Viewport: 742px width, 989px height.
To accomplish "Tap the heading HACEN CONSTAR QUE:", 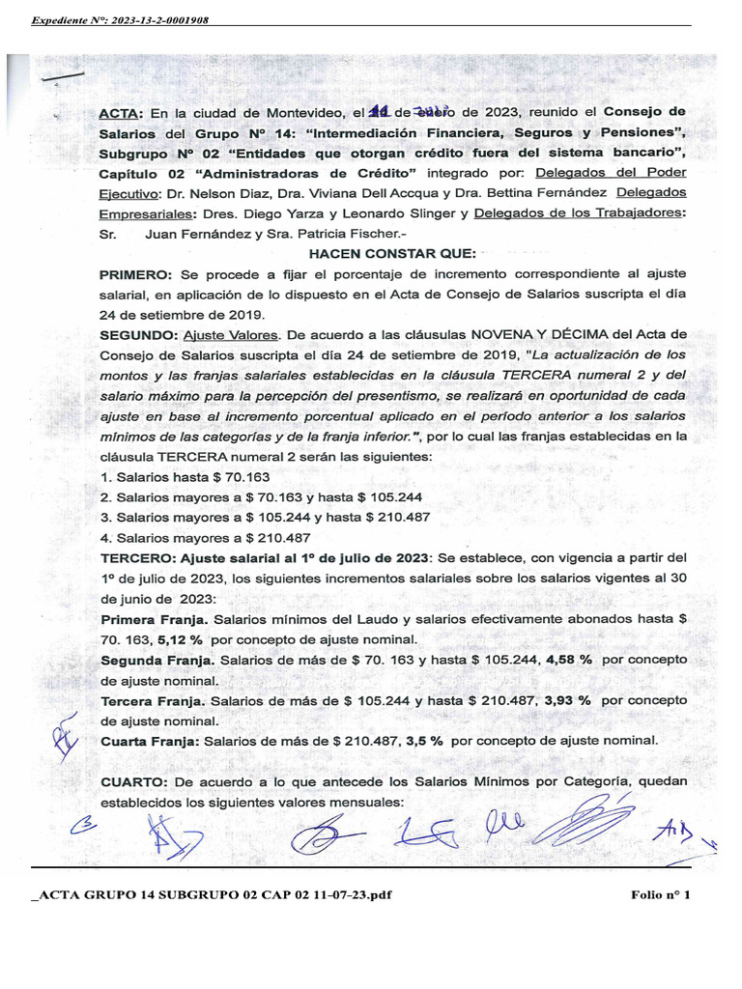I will [391, 253].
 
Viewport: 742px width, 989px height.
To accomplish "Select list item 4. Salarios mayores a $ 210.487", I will [205, 538].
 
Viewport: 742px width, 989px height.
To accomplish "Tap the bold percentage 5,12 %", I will [182, 639].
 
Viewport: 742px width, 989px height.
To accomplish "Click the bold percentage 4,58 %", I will [570, 660].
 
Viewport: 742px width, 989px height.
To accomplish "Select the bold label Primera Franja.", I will [155, 619].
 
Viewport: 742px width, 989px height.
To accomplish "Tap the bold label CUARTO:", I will [134, 781].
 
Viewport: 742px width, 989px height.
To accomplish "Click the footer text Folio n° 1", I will [661, 895].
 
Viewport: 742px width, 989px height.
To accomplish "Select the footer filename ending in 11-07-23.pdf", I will [213, 895].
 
